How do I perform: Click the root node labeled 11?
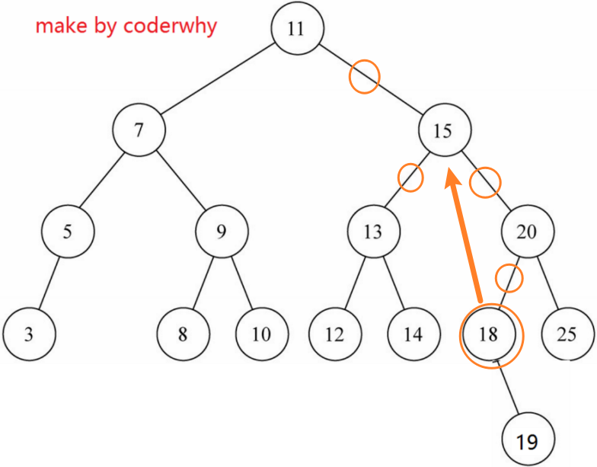coord(297,28)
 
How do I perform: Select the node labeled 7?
coord(139,130)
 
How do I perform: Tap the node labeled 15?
coord(445,130)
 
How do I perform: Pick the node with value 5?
coord(68,232)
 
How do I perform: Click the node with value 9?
coord(222,232)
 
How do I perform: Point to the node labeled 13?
coord(373,232)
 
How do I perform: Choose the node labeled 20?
coord(528,232)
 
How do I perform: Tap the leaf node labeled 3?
coord(29,334)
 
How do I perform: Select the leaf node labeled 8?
coord(183,334)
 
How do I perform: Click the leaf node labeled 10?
coord(262,334)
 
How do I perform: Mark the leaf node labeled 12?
coord(335,334)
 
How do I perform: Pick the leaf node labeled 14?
coord(414,334)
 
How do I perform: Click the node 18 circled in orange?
coord(489,334)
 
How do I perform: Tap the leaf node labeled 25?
coord(568,334)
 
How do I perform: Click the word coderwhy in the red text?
coord(170,26)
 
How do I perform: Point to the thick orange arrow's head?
coord(453,178)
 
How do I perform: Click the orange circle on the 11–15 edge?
coord(364,76)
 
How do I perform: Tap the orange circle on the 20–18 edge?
coord(509,278)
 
